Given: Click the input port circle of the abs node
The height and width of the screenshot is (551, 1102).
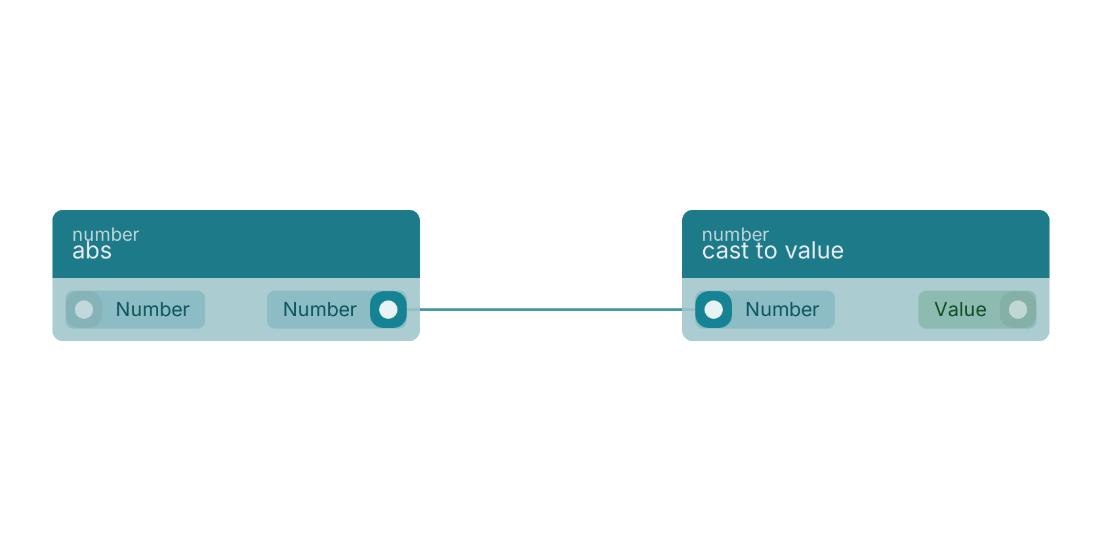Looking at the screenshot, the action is pyautogui.click(x=84, y=310).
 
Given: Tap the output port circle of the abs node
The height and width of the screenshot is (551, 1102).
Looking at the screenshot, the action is pyautogui.click(x=388, y=310).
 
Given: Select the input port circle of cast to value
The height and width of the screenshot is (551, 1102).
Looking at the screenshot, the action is pyautogui.click(x=714, y=310).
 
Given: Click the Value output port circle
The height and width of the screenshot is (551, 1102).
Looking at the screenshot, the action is pyautogui.click(x=1018, y=310).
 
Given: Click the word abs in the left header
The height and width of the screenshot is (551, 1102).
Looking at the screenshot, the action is pyautogui.click(x=92, y=251).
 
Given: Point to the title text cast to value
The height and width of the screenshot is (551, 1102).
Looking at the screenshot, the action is pyautogui.click(x=773, y=251).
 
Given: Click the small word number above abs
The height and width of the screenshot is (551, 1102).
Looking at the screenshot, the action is pyautogui.click(x=106, y=235).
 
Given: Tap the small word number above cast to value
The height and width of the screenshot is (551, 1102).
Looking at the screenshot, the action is pyautogui.click(x=735, y=235).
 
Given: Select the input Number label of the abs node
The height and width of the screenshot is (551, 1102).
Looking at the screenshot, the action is pyautogui.click(x=152, y=310).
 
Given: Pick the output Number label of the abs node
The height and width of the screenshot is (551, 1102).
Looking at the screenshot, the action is pyautogui.click(x=320, y=310).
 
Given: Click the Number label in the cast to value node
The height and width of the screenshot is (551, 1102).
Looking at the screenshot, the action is pyautogui.click(x=782, y=310).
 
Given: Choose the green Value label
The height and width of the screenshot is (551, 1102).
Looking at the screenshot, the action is pyautogui.click(x=960, y=310).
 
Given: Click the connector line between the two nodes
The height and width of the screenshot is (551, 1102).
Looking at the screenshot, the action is pyautogui.click(x=551, y=310).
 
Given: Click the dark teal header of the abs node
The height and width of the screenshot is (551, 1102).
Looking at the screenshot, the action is pyautogui.click(x=236, y=244).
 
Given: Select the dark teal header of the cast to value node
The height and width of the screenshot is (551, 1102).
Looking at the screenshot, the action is pyautogui.click(x=866, y=244).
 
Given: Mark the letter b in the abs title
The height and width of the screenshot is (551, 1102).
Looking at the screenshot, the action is pyautogui.click(x=92, y=251).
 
